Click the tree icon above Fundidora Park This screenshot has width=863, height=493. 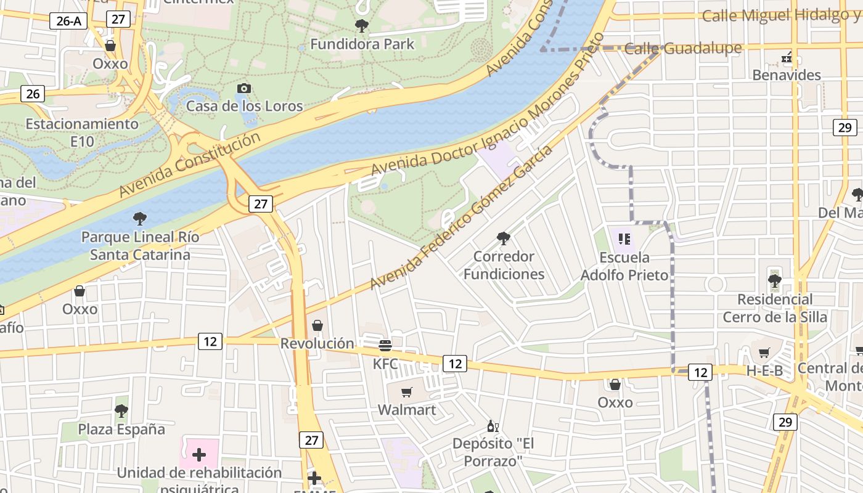point(362,26)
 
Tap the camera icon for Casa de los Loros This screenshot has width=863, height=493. point(244,88)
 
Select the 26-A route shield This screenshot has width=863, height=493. point(68,21)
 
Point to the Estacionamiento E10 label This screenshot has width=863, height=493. point(82,132)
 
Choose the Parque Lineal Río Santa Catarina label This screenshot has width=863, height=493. point(141,245)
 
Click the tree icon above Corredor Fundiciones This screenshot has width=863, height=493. point(504,238)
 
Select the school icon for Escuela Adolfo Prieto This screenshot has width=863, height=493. point(624,238)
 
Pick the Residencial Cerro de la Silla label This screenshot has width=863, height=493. point(775,308)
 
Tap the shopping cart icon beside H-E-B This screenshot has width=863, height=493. point(764,352)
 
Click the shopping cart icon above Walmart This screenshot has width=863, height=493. point(406,392)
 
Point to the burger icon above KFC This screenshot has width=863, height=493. point(385,345)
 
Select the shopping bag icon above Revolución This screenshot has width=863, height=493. point(317,325)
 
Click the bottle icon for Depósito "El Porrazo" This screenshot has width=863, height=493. point(493,426)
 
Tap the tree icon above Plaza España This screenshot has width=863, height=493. point(121,410)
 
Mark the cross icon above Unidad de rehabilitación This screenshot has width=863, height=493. point(199,455)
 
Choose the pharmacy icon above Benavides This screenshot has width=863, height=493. point(787,58)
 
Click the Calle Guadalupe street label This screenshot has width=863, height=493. point(683,49)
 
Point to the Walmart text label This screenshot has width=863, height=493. point(407,410)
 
